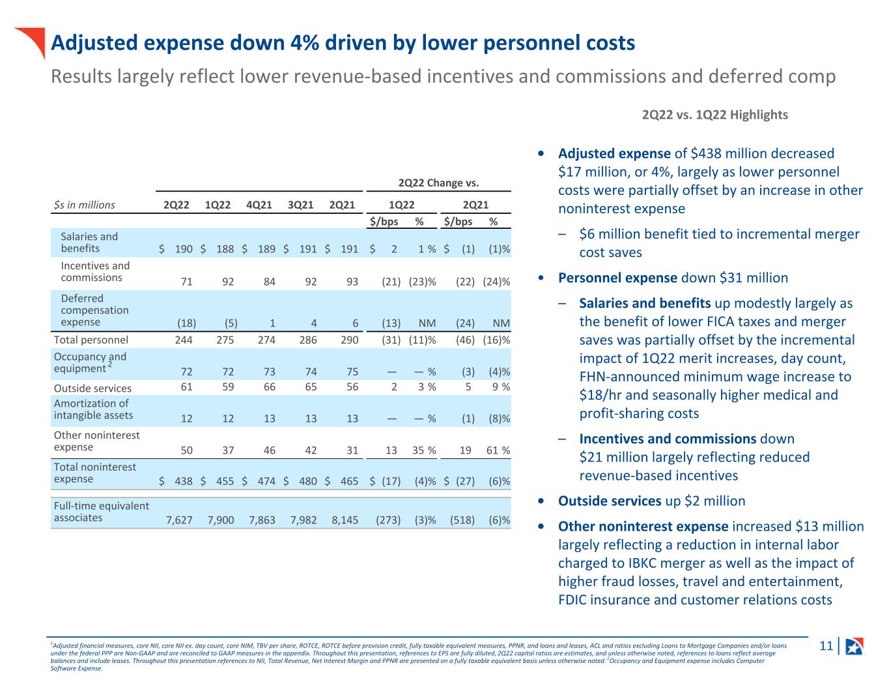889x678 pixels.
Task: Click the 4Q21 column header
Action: coord(259,205)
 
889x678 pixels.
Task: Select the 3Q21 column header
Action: coord(301,205)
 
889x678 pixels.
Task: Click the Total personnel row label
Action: coord(91,340)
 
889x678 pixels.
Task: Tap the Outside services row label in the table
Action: coord(92,388)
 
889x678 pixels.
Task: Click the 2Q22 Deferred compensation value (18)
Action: coord(187,323)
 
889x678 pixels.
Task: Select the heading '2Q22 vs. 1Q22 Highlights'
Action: coord(714,115)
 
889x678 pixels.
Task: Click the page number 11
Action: coord(826,646)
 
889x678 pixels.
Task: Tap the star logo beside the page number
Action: coord(854,646)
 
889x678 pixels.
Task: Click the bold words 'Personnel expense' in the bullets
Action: coord(617,278)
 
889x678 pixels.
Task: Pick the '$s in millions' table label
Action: coord(84,205)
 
